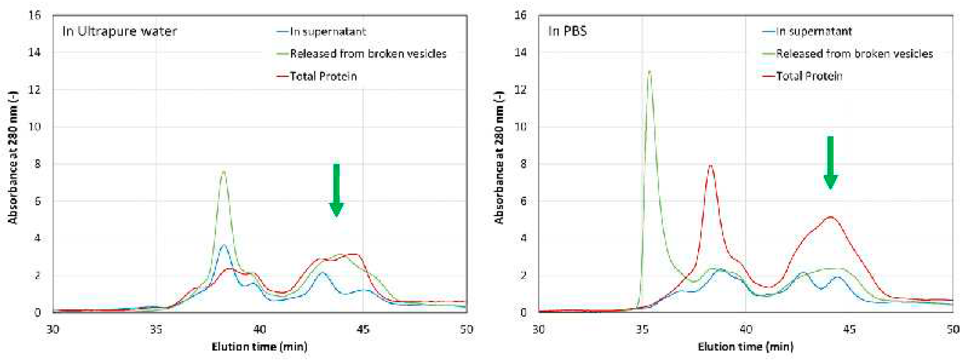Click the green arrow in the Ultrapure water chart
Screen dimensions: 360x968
coord(336,190)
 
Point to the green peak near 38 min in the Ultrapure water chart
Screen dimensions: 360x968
coord(224,172)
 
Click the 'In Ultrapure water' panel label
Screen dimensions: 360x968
coord(119,31)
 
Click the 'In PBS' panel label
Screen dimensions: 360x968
coord(567,31)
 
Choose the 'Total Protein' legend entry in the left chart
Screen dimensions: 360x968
coord(323,76)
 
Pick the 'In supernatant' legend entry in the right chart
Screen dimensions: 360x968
coord(813,31)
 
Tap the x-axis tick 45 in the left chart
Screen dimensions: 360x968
coord(363,330)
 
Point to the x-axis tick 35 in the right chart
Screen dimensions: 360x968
coord(642,330)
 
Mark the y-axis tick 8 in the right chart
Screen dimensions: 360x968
coord(523,164)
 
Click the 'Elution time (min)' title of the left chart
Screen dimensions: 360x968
coord(259,346)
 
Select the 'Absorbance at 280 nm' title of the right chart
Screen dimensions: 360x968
coord(499,158)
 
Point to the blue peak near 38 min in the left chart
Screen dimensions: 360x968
coord(224,245)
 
